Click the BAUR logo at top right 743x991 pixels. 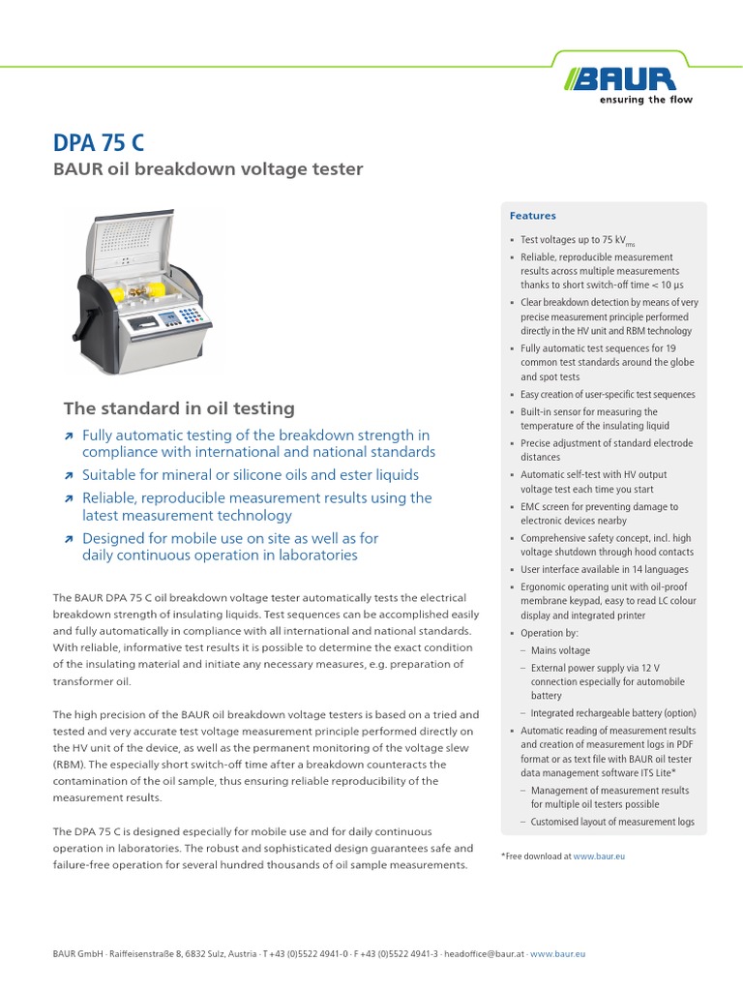(x=631, y=76)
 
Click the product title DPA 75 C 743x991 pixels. (x=99, y=143)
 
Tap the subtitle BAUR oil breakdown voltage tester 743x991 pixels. (x=207, y=170)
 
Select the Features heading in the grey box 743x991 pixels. (x=533, y=216)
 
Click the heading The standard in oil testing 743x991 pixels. (x=179, y=408)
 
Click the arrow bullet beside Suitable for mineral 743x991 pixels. (x=68, y=476)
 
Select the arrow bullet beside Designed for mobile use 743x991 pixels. (x=68, y=539)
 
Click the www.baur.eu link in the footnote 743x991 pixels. (x=599, y=856)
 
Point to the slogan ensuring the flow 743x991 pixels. (x=646, y=100)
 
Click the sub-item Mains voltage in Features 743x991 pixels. (x=560, y=650)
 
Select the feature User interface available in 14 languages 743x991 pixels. (x=605, y=569)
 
